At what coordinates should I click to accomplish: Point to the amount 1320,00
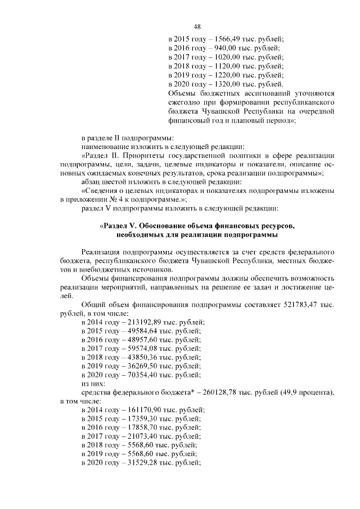coord(219,84)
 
